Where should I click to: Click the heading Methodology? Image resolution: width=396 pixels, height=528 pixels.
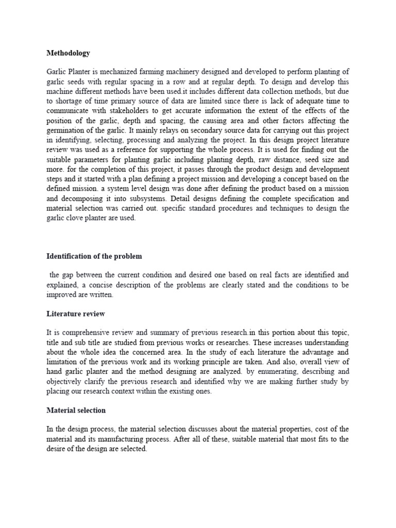68,53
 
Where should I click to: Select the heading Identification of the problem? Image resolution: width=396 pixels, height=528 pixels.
94,256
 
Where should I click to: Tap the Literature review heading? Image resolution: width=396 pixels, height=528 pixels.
76,313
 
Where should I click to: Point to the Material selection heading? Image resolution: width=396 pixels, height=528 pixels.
76,410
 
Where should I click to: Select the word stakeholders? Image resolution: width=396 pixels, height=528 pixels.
124,111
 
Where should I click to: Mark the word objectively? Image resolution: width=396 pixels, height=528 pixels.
68,382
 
